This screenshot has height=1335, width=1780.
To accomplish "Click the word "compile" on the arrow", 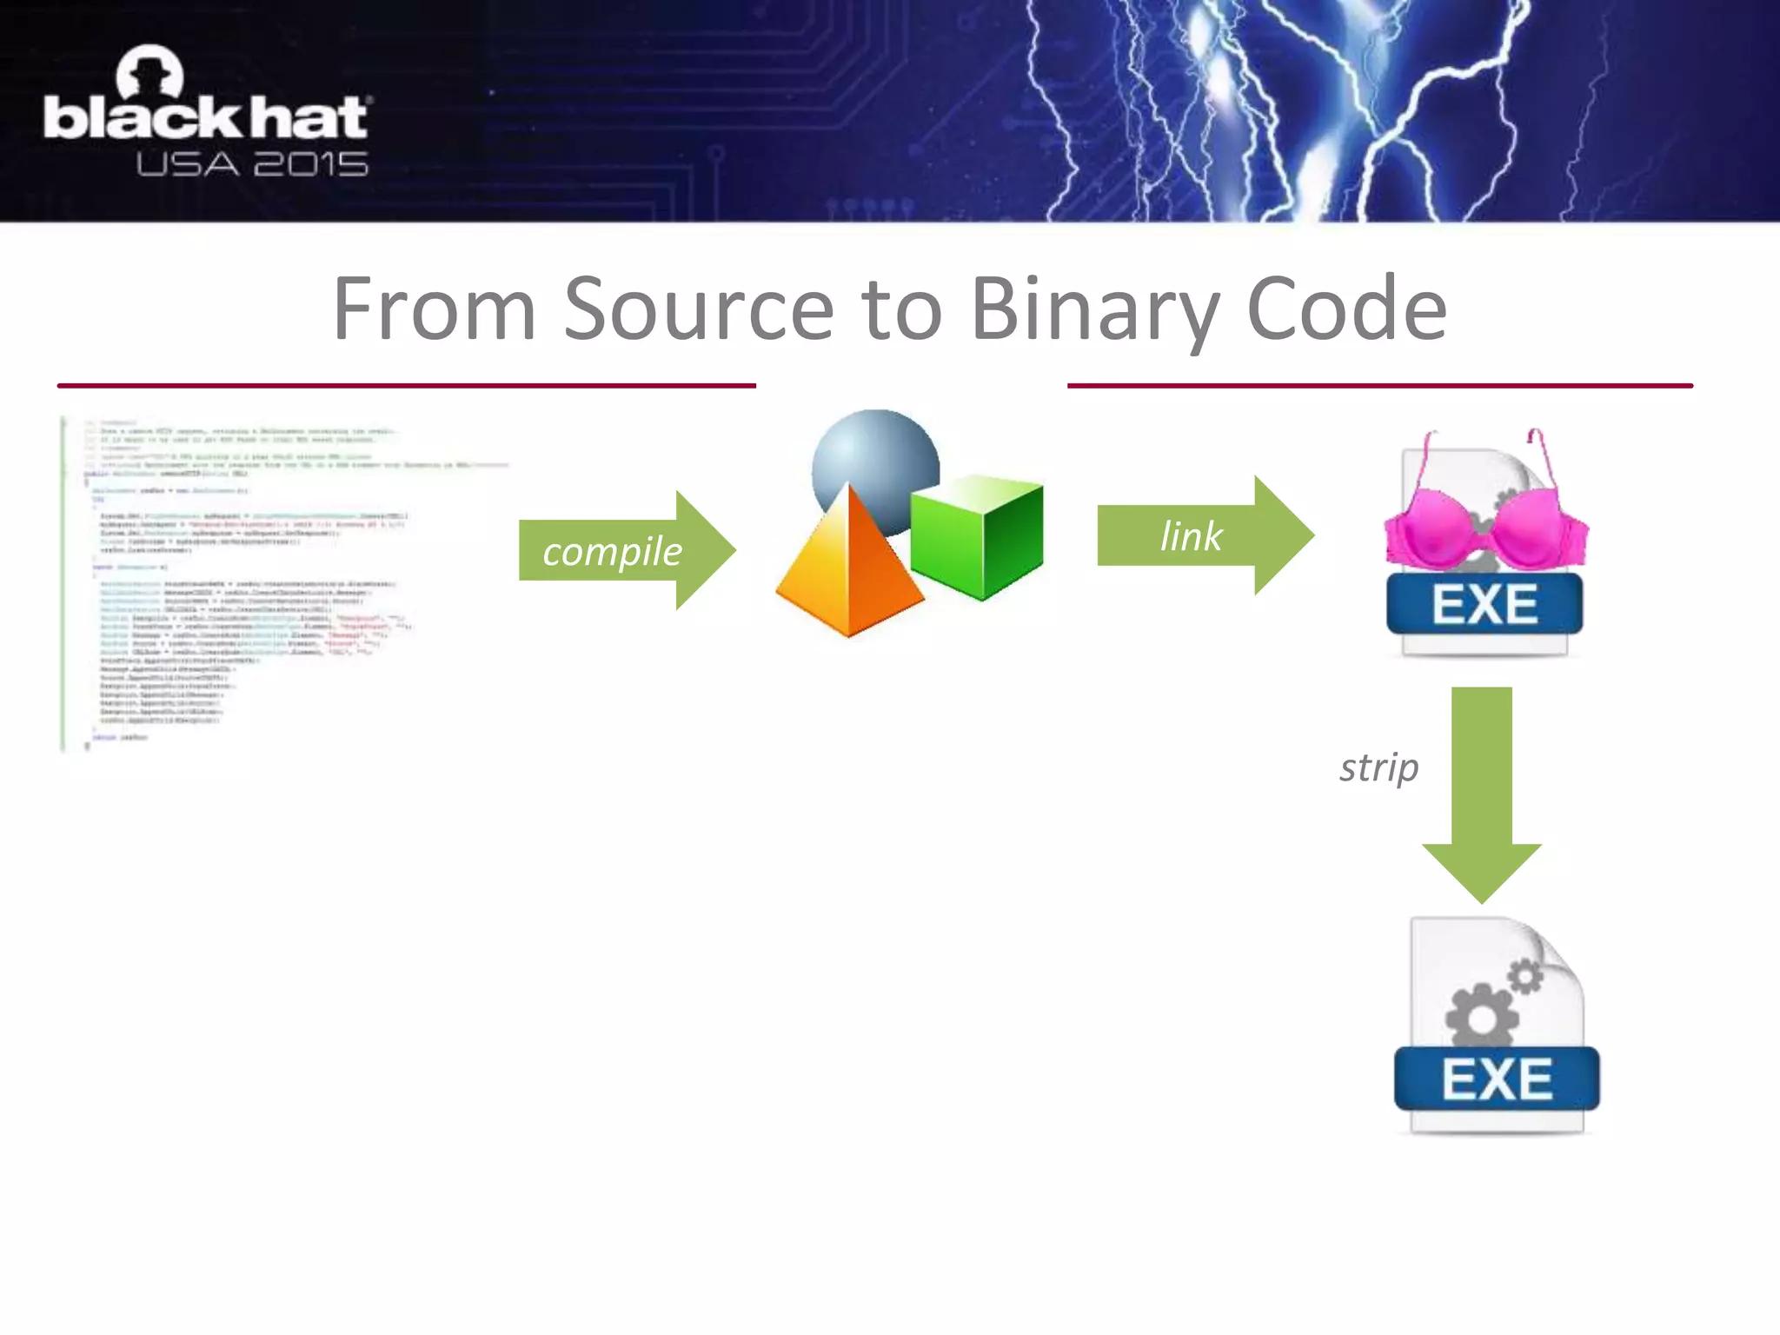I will pos(612,551).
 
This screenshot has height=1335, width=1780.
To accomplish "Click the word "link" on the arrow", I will pos(1191,535).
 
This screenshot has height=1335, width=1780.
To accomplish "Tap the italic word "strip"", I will pos(1378,767).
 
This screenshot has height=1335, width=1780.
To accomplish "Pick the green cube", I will pos(978,535).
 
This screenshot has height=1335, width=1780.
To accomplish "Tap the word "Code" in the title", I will pos(1346,309).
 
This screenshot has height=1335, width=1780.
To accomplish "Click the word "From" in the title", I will pos(435,309).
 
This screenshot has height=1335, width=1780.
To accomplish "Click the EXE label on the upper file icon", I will pos(1484,604).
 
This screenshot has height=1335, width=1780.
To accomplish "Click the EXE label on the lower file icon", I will pos(1497,1079).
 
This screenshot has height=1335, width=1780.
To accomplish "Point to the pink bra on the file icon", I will pos(1485,526).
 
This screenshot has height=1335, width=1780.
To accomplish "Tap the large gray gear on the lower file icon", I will pos(1481,1013).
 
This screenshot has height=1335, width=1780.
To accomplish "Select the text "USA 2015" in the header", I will pos(252,164).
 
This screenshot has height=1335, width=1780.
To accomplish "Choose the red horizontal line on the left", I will pos(406,385).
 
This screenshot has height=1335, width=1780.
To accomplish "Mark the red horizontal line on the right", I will pos(1379,385).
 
